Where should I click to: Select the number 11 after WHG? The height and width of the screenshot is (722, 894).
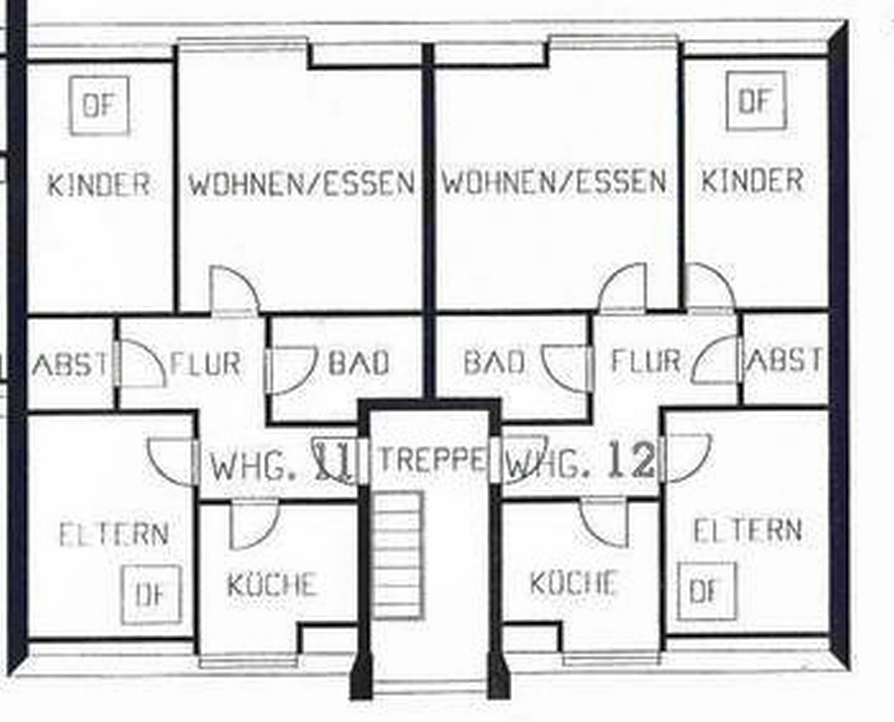pyautogui.click(x=332, y=461)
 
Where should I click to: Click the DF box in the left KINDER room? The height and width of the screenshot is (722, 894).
pyautogui.click(x=99, y=106)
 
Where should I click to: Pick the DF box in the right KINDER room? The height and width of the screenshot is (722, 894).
pyautogui.click(x=756, y=101)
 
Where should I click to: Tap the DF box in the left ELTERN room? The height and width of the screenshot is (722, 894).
pyautogui.click(x=151, y=595)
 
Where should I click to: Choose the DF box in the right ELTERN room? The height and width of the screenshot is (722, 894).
pyautogui.click(x=707, y=591)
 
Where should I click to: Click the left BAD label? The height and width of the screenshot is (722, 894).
pyautogui.click(x=359, y=362)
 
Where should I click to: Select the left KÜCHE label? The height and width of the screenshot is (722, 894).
pyautogui.click(x=272, y=584)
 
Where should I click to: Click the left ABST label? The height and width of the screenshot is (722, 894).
pyautogui.click(x=70, y=364)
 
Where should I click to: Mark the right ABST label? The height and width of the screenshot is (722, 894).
pyautogui.click(x=784, y=360)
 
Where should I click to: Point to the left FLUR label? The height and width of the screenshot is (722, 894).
pyautogui.click(x=205, y=363)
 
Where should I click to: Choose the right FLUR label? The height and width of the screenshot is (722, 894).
pyautogui.click(x=646, y=361)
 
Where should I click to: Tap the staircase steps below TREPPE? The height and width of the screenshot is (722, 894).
pyautogui.click(x=399, y=556)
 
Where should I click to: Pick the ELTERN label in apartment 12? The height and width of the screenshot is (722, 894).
pyautogui.click(x=748, y=530)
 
